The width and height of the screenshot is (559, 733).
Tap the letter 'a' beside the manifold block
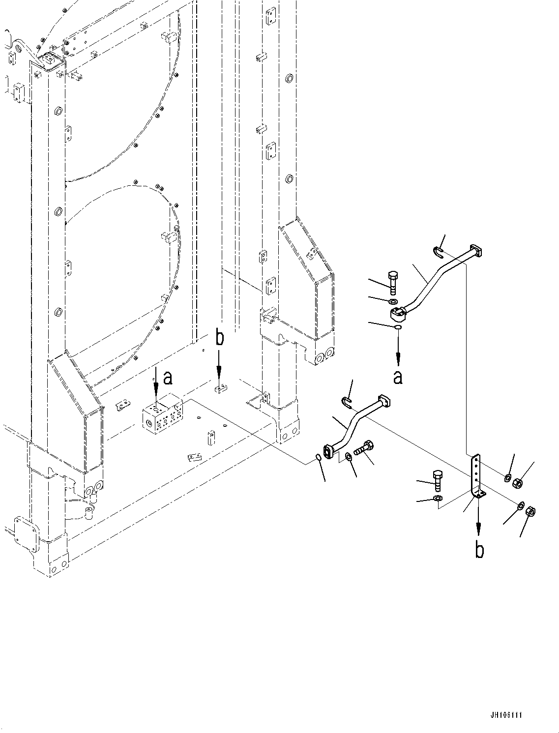pos(168,378)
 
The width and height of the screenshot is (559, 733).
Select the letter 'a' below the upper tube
pos(398,377)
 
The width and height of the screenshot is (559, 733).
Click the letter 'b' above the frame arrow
pos(220,338)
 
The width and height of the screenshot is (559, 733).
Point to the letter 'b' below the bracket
pos(479,550)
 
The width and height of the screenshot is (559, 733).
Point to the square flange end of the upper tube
pos(476,251)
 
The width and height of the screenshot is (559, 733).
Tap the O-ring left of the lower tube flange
pos(318,458)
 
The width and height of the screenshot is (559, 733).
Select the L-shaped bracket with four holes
pos(476,476)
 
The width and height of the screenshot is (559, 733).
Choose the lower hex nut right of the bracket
pos(531,512)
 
